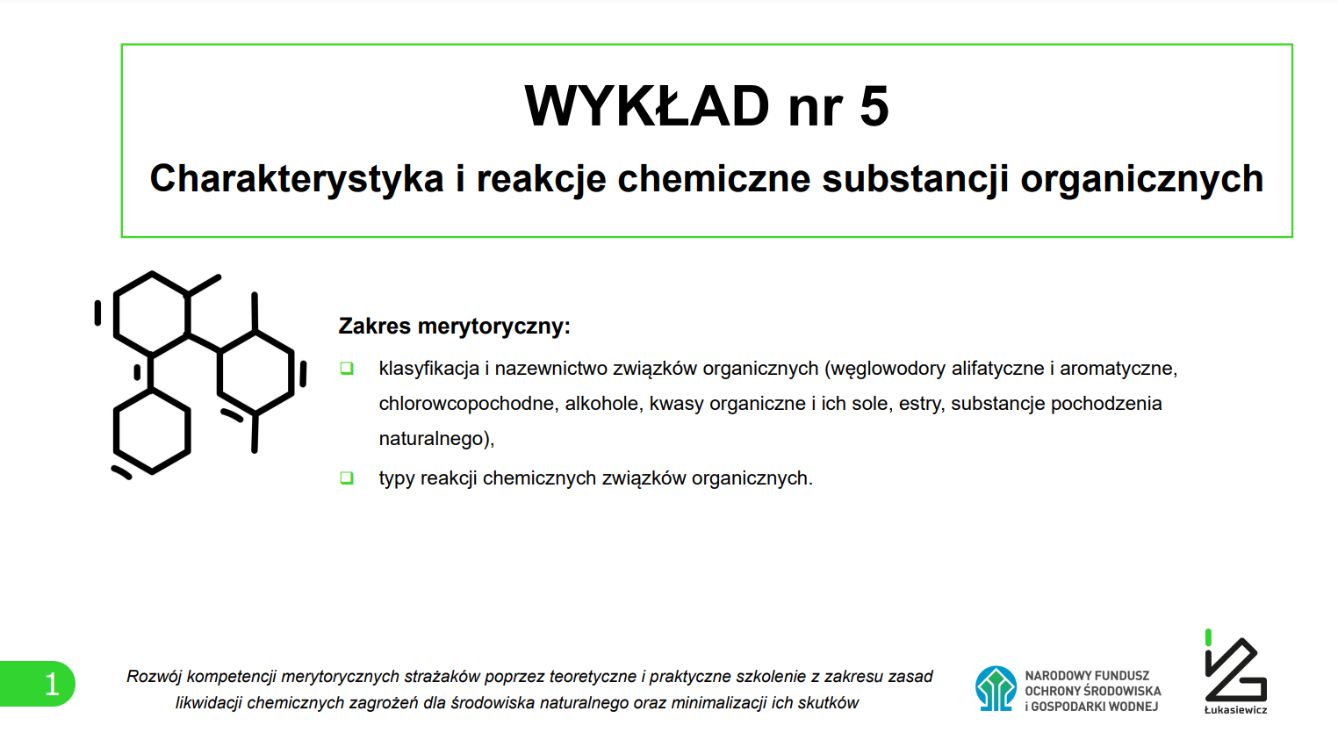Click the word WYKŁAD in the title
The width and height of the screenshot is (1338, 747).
(x=647, y=106)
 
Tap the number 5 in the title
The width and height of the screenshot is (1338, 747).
(x=874, y=106)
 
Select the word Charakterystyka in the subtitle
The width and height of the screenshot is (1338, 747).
(x=296, y=178)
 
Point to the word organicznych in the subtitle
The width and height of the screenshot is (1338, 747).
(x=1142, y=178)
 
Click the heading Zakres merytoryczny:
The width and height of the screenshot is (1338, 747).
(x=455, y=326)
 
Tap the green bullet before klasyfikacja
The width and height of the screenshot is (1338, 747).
(x=347, y=368)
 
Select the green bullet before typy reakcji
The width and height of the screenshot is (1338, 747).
(x=347, y=478)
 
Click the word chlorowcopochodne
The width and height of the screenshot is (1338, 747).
(x=466, y=404)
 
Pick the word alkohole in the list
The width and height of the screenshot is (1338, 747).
(x=601, y=404)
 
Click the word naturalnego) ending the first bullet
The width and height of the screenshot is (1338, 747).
(x=436, y=440)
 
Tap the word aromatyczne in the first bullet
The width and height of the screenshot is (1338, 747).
(x=1119, y=369)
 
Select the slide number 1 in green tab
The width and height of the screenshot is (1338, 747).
(x=52, y=685)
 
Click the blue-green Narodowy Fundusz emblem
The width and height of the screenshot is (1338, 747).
(x=996, y=688)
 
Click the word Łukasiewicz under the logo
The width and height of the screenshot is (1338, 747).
(x=1235, y=710)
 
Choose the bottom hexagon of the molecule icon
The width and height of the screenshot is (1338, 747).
(x=152, y=431)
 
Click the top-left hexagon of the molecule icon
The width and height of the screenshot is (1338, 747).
(x=152, y=314)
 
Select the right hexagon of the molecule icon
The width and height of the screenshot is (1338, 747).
(x=255, y=372)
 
